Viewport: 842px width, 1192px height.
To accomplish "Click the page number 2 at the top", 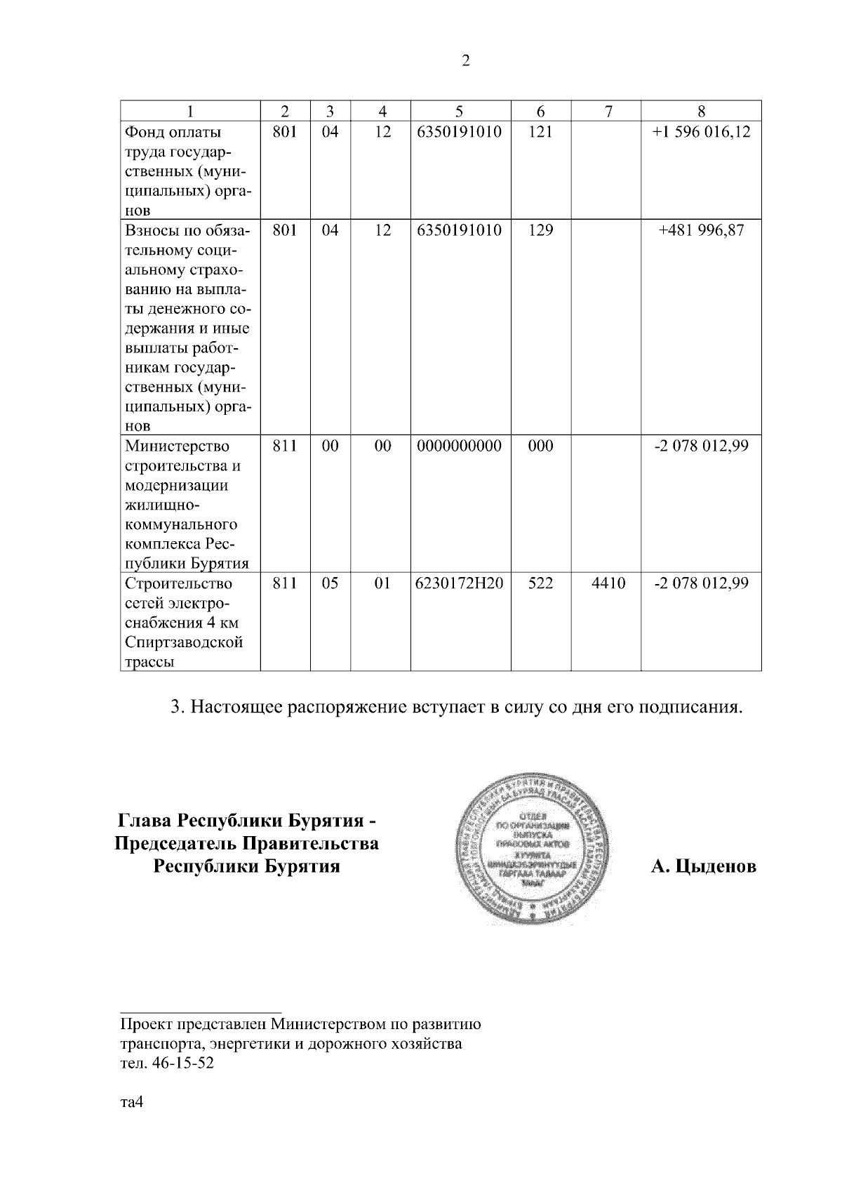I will tap(465, 61).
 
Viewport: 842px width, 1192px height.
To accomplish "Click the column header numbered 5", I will tap(460, 111).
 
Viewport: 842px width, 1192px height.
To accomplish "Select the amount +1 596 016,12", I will tap(701, 132).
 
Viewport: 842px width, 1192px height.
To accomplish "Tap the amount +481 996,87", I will tap(701, 230).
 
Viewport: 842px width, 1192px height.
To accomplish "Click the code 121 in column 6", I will tap(540, 132).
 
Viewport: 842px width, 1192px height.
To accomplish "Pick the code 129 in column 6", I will tap(540, 230).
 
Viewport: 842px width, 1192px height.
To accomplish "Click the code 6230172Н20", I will tap(460, 583).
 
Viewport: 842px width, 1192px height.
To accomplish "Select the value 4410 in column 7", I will tap(608, 583).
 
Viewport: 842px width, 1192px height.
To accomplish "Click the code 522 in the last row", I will tap(540, 583).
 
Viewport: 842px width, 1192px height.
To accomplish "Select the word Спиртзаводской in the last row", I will tap(184, 642).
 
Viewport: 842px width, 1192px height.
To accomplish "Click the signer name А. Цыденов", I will tap(704, 867).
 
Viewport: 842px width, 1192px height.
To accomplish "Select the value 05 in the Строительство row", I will tap(330, 583).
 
